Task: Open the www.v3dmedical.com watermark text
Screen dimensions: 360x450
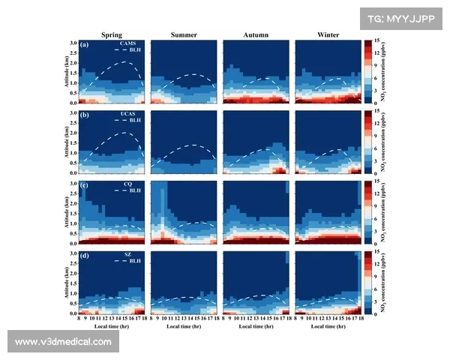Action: (63, 341)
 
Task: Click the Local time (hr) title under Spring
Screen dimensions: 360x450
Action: (112, 327)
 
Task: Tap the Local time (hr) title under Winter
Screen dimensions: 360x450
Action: (327, 327)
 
